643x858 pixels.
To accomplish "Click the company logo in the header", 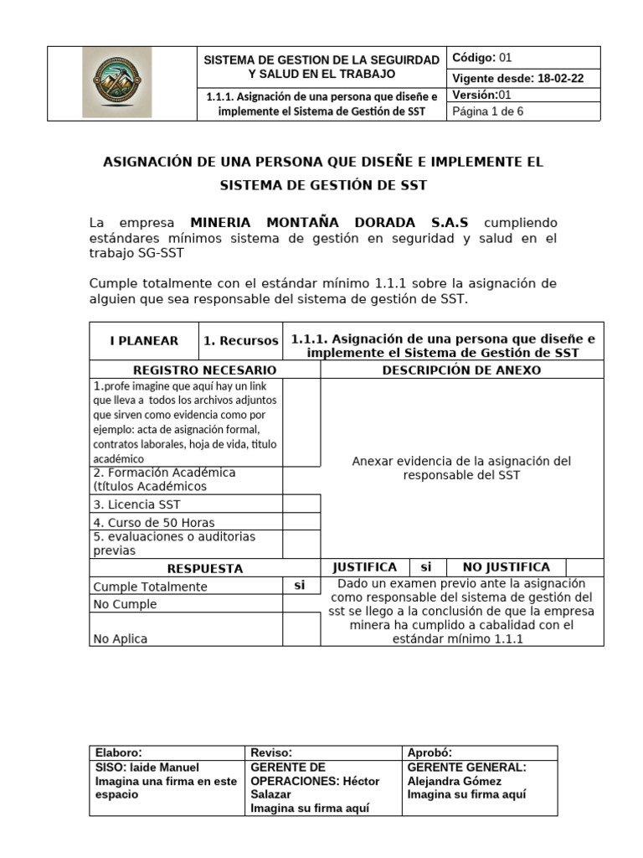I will point(117,82).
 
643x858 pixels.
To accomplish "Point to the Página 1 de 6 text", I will point(488,111).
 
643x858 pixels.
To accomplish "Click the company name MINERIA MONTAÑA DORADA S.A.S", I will point(329,222).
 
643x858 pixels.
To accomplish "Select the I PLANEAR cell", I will point(144,341).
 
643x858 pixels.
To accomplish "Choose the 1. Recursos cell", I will point(241,341).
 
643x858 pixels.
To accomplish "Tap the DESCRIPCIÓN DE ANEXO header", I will point(461,370).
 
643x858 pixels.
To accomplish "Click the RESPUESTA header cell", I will point(204,568).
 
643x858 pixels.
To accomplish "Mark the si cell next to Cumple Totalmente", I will point(300,586).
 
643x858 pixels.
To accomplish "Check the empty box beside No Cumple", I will point(301,603).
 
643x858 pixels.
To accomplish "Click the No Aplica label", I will point(121,638).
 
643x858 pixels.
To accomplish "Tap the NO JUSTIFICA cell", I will point(507,567).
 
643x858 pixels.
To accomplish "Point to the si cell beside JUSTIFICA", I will point(426,567).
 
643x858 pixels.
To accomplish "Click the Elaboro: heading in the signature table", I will point(120,752).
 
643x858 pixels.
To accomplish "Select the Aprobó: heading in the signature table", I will point(429,752).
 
